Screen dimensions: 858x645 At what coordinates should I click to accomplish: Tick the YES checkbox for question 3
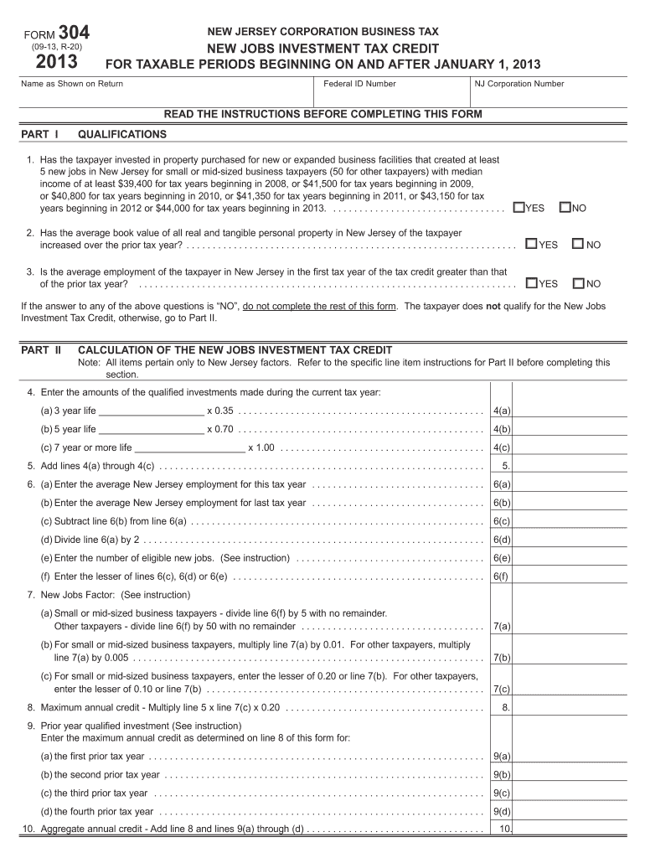(x=531, y=283)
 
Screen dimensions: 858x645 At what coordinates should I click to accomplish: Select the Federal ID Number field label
(x=359, y=84)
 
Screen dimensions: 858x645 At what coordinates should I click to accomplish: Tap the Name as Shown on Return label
(x=72, y=84)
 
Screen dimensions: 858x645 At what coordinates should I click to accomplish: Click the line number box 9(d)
(x=502, y=811)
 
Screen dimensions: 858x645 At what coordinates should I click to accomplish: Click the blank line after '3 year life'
(x=152, y=411)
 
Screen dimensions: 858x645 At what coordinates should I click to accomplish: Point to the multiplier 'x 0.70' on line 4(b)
(x=220, y=429)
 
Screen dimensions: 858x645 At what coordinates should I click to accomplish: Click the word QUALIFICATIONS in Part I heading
(x=122, y=134)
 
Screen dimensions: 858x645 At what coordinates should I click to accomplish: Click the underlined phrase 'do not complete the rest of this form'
(x=320, y=306)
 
